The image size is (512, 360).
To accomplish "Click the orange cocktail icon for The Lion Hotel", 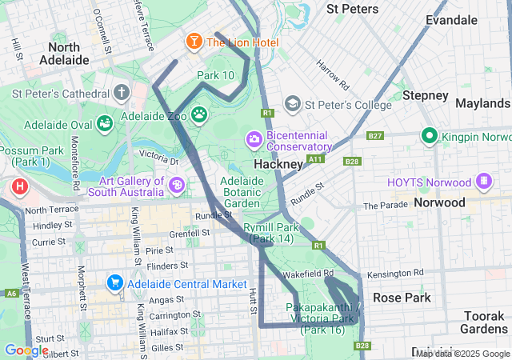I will click(x=193, y=41).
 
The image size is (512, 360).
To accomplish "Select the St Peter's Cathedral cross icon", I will click(x=122, y=92).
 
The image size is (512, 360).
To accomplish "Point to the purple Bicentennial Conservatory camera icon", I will click(x=254, y=140).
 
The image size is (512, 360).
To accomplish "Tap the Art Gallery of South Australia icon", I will click(x=177, y=186).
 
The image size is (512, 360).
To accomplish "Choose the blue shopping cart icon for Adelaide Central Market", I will click(x=114, y=283).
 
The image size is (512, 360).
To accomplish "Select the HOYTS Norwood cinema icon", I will click(x=483, y=182).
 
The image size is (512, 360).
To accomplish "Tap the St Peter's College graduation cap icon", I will click(x=292, y=104).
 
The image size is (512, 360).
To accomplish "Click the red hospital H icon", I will click(x=19, y=189).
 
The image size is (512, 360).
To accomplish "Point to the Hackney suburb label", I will click(x=278, y=164).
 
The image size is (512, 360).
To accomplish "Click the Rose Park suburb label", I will click(x=401, y=298).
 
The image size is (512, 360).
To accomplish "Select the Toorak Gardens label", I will click(x=484, y=322).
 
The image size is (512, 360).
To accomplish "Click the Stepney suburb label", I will click(x=425, y=95).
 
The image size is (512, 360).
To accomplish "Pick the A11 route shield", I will click(x=317, y=159).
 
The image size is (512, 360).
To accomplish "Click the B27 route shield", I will click(x=374, y=136).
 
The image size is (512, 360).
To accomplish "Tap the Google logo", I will click(x=26, y=350).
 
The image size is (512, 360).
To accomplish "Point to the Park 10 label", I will click(x=215, y=75).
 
